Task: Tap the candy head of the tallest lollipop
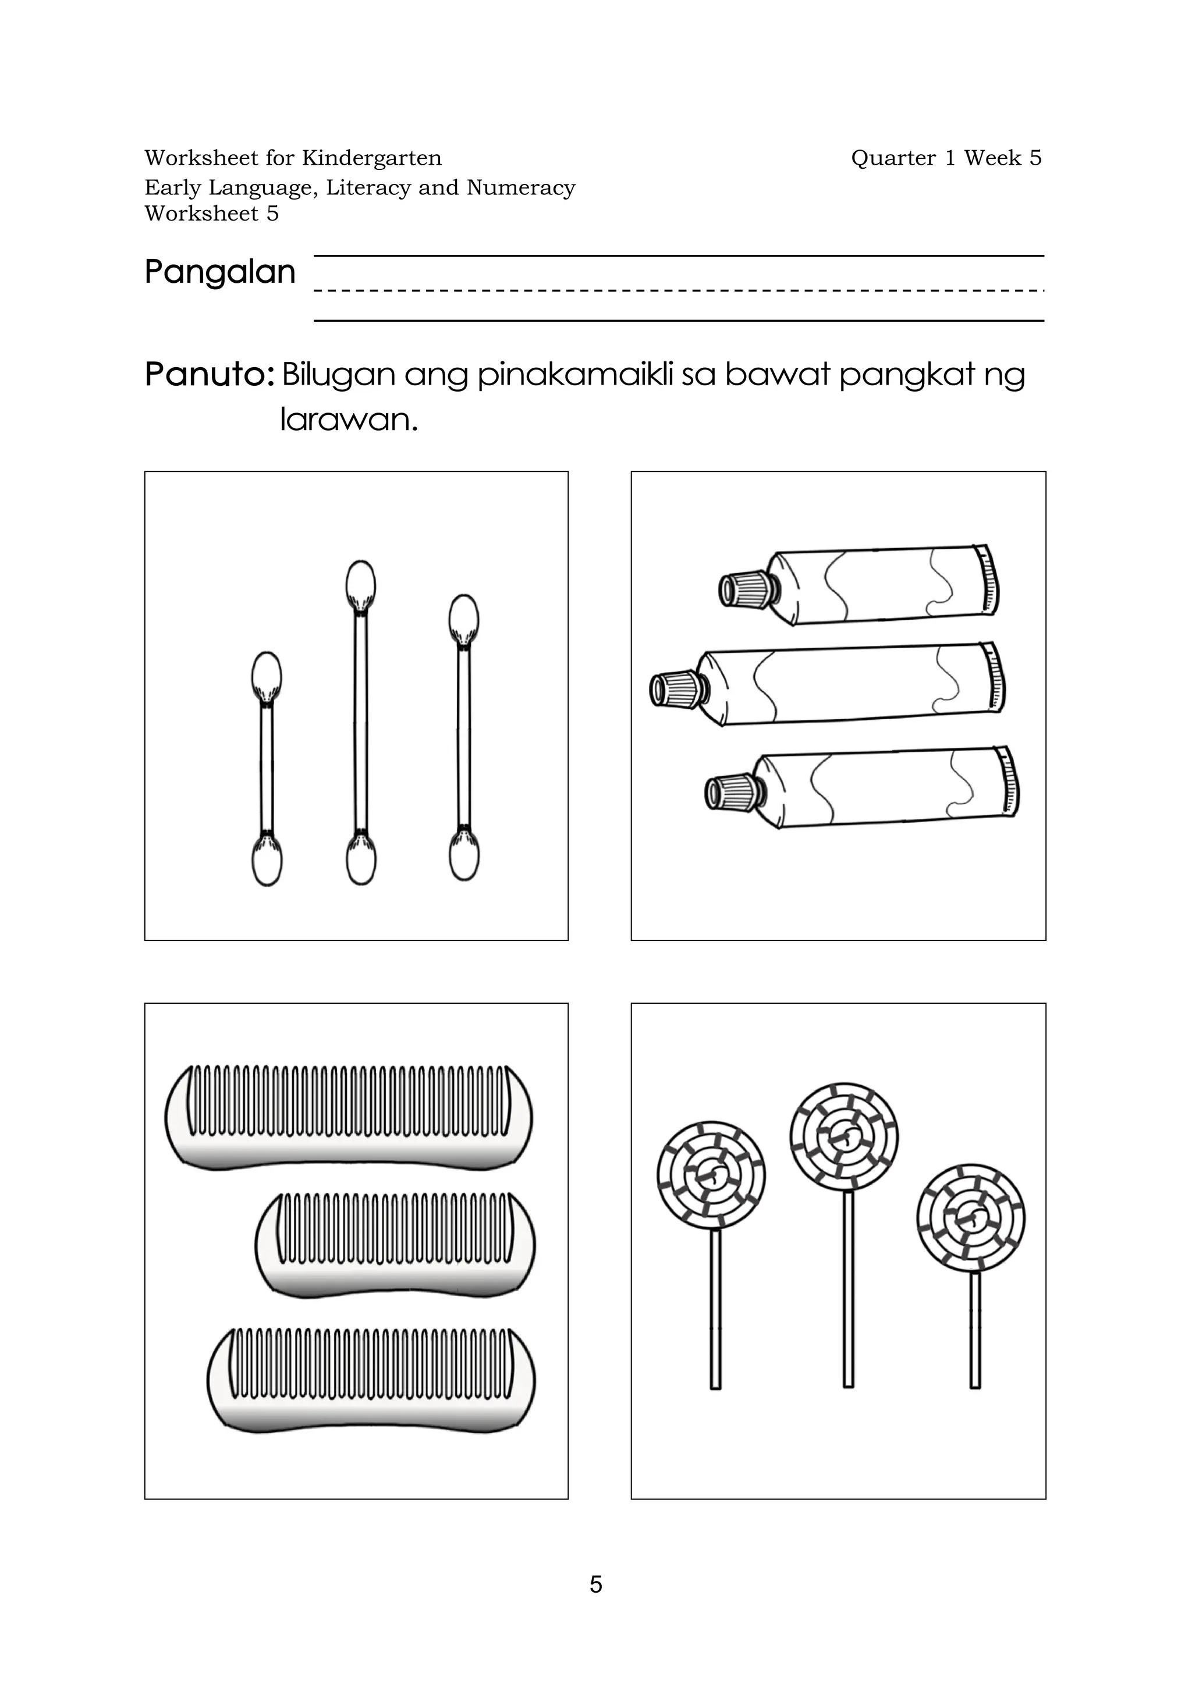tap(844, 1136)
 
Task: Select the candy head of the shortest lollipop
tap(970, 1218)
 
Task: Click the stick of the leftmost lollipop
tap(715, 1310)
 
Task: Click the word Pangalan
tap(219, 272)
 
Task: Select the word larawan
tap(348, 420)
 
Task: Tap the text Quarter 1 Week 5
tap(945, 158)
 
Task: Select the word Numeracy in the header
tap(520, 188)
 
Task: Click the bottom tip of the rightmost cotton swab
tap(464, 859)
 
